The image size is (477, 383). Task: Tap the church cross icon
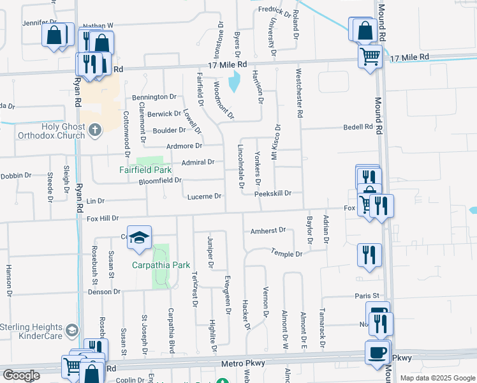95,131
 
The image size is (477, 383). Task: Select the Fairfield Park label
145,170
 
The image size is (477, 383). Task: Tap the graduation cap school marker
140,239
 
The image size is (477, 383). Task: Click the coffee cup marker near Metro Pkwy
378,352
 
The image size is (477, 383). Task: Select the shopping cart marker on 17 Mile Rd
370,57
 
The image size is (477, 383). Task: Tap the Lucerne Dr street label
204,197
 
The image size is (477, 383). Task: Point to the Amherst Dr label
267,231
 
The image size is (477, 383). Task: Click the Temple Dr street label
286,253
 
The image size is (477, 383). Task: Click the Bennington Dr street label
154,97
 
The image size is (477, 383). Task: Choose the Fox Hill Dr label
103,218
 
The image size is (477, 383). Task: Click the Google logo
21,375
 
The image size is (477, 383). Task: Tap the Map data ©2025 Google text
438,378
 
